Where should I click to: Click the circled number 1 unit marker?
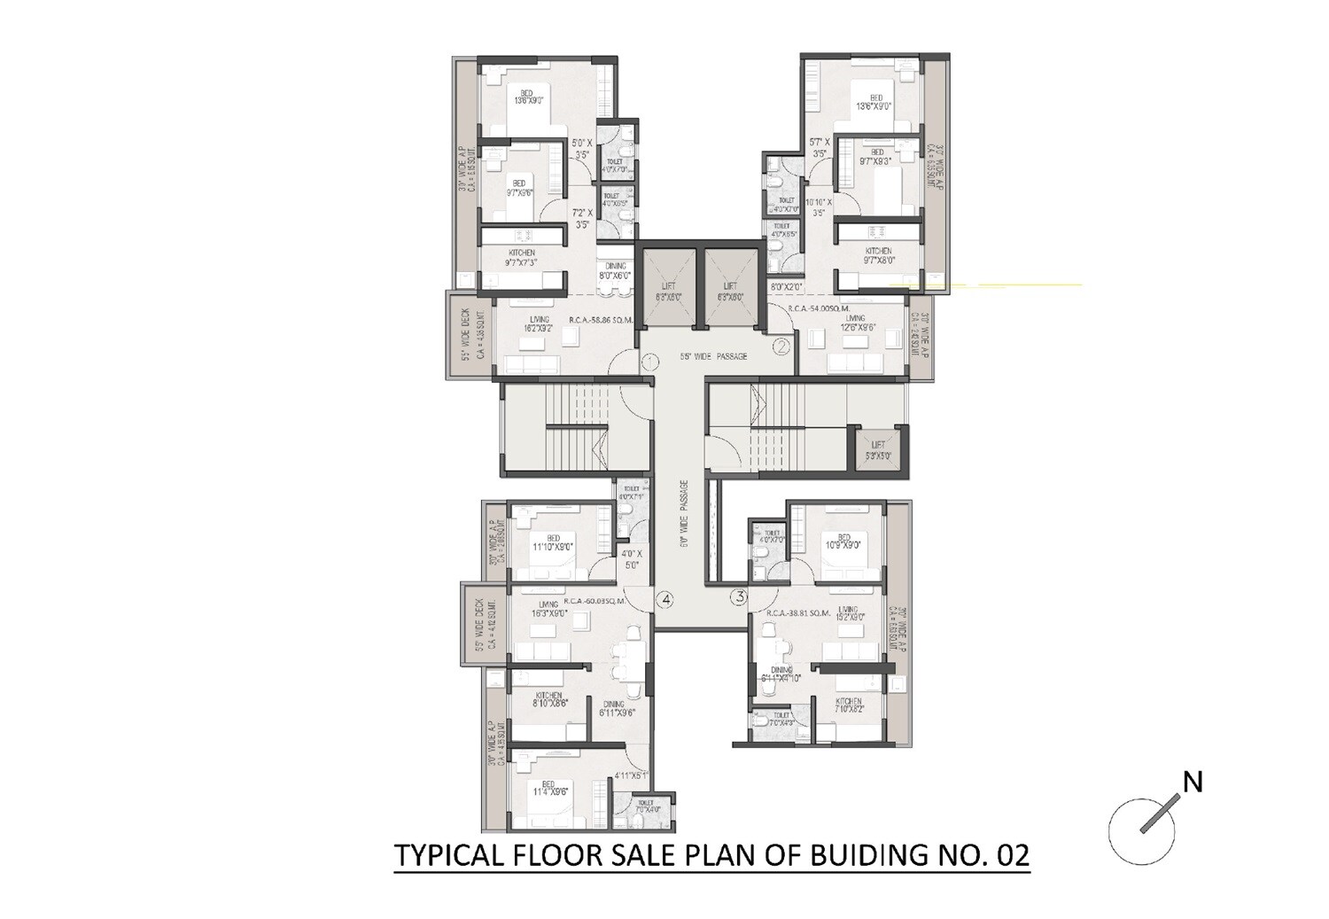(649, 362)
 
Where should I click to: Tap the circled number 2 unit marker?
(781, 347)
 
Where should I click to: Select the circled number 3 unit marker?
(737, 598)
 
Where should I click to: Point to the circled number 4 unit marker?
(665, 600)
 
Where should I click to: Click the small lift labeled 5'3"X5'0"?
(879, 451)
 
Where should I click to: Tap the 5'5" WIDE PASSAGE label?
(712, 357)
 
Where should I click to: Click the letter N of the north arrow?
(1193, 783)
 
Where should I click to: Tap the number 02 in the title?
(1012, 857)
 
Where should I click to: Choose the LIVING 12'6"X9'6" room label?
(855, 323)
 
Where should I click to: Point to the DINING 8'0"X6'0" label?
(615, 271)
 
